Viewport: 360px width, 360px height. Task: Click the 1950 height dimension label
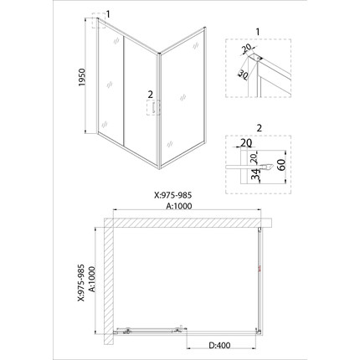82,77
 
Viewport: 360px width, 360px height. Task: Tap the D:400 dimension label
219,345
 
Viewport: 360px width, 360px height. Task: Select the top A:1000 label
179,206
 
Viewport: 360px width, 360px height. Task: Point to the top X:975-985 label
173,195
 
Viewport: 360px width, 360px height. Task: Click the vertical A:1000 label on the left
92,279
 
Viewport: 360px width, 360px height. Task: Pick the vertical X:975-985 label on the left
80,283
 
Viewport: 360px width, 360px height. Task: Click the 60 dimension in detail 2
280,165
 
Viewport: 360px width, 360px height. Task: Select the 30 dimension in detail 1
243,74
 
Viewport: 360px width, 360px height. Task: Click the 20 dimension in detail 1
247,49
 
